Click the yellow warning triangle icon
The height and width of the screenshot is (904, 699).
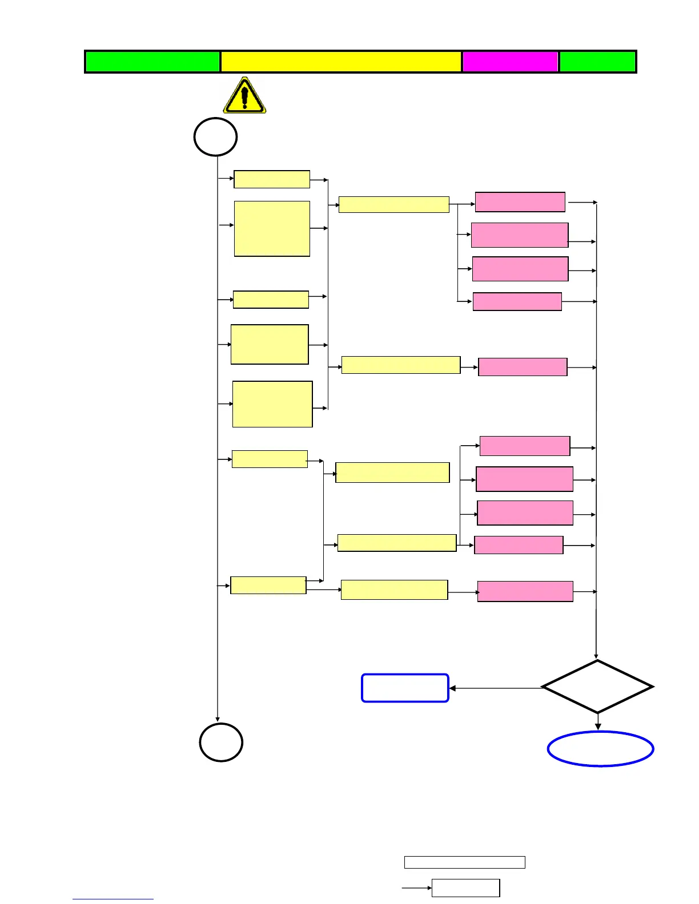(x=244, y=96)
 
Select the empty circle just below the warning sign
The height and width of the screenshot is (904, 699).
(x=215, y=137)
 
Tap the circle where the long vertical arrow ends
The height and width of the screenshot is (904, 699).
(x=221, y=742)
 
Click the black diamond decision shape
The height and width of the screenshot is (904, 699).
(x=597, y=687)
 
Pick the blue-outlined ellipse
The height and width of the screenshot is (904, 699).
(x=600, y=749)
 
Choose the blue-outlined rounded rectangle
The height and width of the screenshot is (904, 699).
(x=405, y=688)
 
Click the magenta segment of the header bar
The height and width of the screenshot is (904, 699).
(x=510, y=62)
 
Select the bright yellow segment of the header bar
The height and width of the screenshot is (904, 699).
(x=341, y=62)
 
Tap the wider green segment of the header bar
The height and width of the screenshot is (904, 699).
(x=152, y=62)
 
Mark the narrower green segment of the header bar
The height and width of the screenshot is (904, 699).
(x=597, y=62)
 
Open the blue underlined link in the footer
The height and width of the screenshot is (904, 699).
(x=113, y=899)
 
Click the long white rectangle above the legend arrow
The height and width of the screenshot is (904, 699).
(x=464, y=862)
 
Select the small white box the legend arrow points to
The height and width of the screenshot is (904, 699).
(x=465, y=887)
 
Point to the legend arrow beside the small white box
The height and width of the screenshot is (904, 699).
(x=417, y=888)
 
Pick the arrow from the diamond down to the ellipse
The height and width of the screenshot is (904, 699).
(x=598, y=722)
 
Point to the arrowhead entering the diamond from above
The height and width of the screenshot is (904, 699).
(x=596, y=656)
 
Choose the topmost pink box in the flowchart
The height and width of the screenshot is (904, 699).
(x=520, y=202)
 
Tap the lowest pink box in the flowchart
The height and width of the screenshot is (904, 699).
(x=525, y=591)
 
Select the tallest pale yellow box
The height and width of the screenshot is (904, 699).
(x=272, y=228)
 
